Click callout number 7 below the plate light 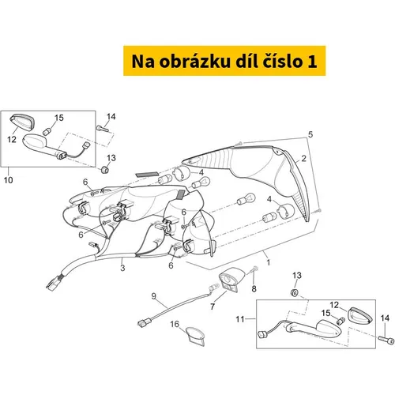click(x=213, y=306)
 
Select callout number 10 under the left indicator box click(x=9, y=180)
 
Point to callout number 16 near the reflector click(x=175, y=325)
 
